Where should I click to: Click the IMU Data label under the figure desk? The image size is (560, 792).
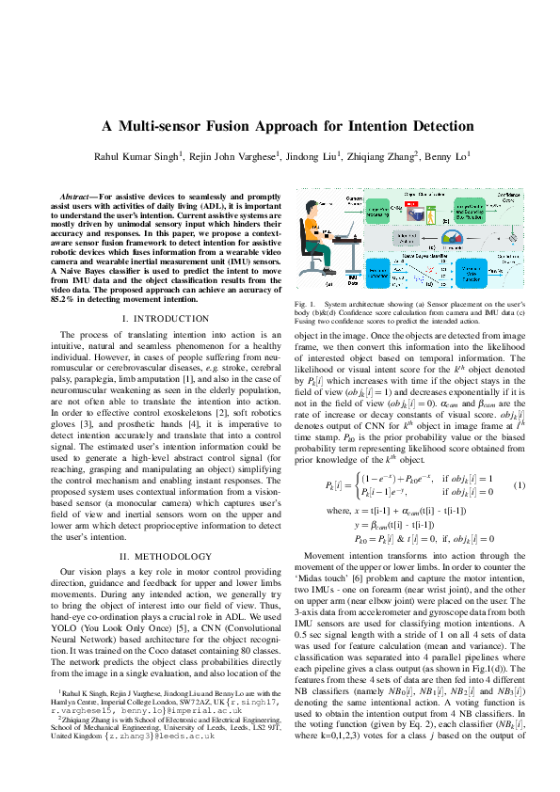352,280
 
